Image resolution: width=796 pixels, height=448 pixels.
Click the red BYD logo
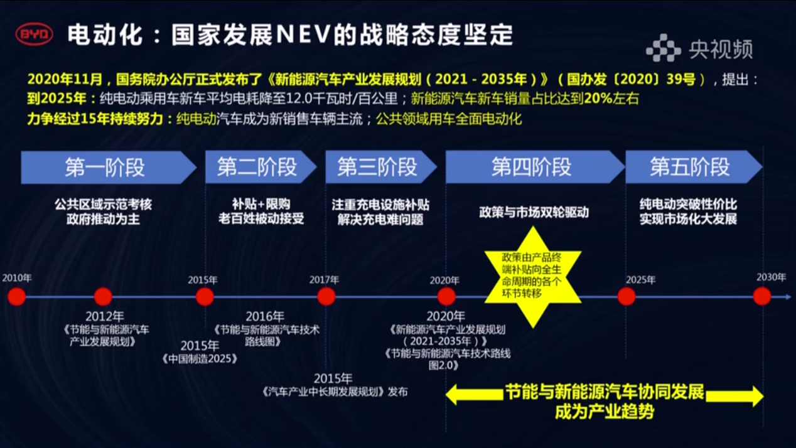point(35,34)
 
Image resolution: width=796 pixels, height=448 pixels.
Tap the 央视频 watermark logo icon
point(663,48)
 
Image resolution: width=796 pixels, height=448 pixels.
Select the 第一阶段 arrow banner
point(109,168)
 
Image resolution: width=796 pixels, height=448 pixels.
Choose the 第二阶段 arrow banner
point(261,167)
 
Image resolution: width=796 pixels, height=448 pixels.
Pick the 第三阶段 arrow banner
point(381,167)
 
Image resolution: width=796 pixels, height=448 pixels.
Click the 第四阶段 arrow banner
point(535,167)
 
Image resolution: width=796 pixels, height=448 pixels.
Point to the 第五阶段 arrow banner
point(694,167)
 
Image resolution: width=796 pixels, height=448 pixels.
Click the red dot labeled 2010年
point(17,297)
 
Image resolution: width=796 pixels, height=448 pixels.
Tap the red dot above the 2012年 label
point(103,297)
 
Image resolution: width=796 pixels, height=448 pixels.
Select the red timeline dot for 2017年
point(326,297)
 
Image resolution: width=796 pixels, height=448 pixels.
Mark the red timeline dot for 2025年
point(627,297)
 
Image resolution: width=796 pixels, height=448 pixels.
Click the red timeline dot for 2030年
point(762,297)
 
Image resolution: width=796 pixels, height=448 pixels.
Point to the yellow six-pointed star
point(533,277)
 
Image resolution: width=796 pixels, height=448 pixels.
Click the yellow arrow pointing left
point(475,395)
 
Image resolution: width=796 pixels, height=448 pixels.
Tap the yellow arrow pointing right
point(734,396)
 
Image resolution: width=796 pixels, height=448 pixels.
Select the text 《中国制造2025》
point(200,359)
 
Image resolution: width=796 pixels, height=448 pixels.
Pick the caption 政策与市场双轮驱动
point(534,212)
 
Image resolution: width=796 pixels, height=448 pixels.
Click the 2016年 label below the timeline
point(265,316)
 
